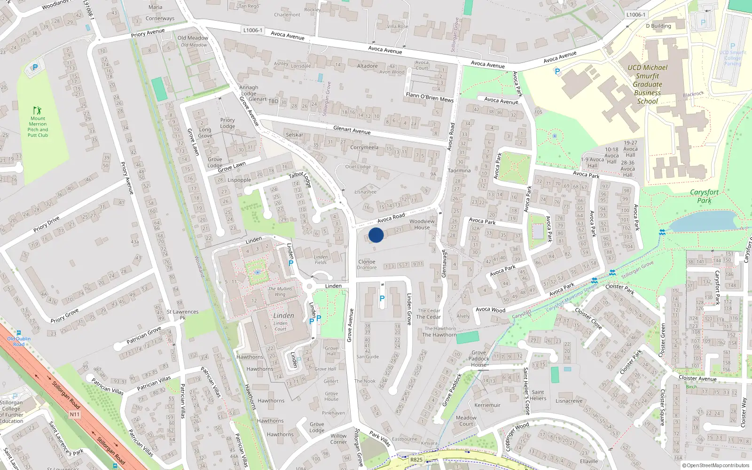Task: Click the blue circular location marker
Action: click(376, 235)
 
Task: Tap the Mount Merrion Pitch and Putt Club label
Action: click(38, 126)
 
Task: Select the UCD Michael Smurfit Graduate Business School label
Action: click(647, 85)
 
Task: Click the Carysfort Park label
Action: click(704, 196)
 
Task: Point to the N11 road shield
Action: click(75, 414)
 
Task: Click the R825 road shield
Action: click(416, 460)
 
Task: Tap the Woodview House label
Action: click(422, 224)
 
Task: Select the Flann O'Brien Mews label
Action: click(430, 97)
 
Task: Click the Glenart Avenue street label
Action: click(352, 130)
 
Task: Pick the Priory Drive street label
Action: click(46, 224)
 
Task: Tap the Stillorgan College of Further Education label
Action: click(11, 412)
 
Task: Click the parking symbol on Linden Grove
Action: click(382, 298)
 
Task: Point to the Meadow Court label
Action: click(466, 421)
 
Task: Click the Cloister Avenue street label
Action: click(697, 378)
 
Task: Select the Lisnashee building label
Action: click(365, 192)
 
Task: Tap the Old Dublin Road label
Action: click(19, 341)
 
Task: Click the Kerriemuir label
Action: click(487, 405)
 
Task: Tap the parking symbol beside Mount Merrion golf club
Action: click(35, 67)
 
